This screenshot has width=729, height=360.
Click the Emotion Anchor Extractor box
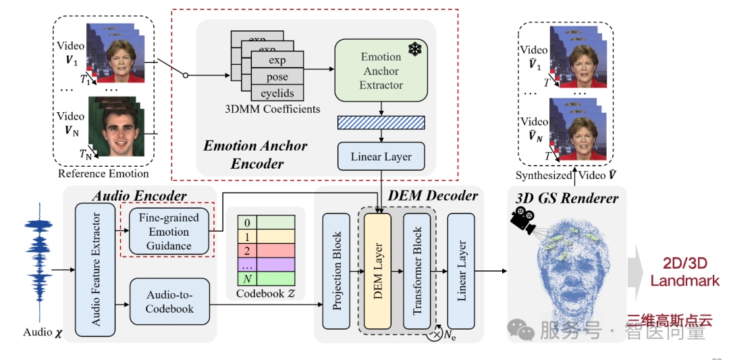pos(381,71)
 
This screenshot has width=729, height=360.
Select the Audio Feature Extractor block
pos(94,269)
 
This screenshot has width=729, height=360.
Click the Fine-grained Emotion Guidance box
pos(169,232)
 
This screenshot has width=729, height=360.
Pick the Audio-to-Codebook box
pos(169,302)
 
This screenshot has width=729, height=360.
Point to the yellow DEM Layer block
pos(377,271)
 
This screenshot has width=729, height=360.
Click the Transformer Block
pos(416,271)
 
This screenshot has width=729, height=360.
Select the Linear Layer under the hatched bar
pos(381,157)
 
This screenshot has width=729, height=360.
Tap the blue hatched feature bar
pos(381,122)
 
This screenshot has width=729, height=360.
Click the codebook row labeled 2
pos(265,249)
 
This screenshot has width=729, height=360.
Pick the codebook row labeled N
pos(265,278)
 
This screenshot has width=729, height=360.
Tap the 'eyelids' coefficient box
pos(277,93)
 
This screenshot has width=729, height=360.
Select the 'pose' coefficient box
pos(277,77)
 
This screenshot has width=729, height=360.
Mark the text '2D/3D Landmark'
pos(684,272)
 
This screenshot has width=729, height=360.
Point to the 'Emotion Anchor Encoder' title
pos(255,154)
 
